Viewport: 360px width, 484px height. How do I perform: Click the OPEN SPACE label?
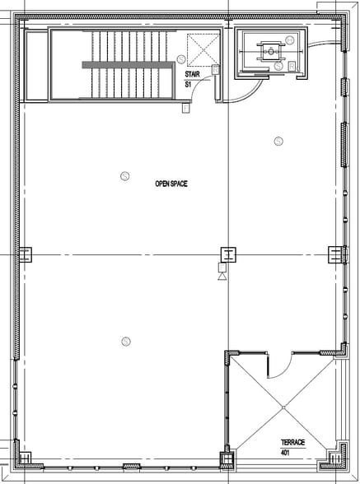(x=171, y=184)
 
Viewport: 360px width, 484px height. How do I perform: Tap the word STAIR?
(x=191, y=74)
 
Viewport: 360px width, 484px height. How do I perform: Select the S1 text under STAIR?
(x=188, y=83)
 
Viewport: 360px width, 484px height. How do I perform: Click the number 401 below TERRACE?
(x=285, y=452)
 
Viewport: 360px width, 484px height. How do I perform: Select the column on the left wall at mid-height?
(x=25, y=254)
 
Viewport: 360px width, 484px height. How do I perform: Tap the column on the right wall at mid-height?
(x=334, y=254)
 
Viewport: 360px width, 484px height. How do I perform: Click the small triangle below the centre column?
(x=222, y=278)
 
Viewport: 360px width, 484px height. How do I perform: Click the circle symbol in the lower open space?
(x=125, y=340)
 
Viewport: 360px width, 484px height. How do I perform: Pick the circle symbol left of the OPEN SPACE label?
(x=125, y=175)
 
